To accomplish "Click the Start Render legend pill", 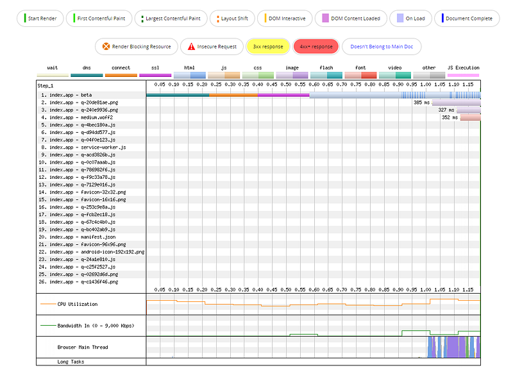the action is coord(40,19).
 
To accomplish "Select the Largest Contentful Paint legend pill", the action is coord(171,19).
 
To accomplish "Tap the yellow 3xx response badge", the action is coord(268,46).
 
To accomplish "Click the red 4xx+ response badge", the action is coord(316,46).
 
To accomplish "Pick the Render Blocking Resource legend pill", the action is coord(137,46).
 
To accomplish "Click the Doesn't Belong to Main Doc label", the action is coord(382,46).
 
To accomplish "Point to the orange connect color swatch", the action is coord(121,75).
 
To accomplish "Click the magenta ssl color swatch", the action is coord(155,75).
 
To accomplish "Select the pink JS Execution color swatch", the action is coord(463,75).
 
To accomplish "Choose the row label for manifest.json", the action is coord(77,237).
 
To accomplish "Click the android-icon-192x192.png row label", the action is coord(91,252).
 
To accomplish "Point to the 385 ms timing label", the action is coord(421,103).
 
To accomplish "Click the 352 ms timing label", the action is coord(450,117).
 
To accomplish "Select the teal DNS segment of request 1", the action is coord(178,96).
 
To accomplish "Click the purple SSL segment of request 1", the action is coord(283,96).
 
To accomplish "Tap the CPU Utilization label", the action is coord(78,304).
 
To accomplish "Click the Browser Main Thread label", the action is coord(83,348).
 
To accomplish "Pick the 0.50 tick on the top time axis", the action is coord(286,85).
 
